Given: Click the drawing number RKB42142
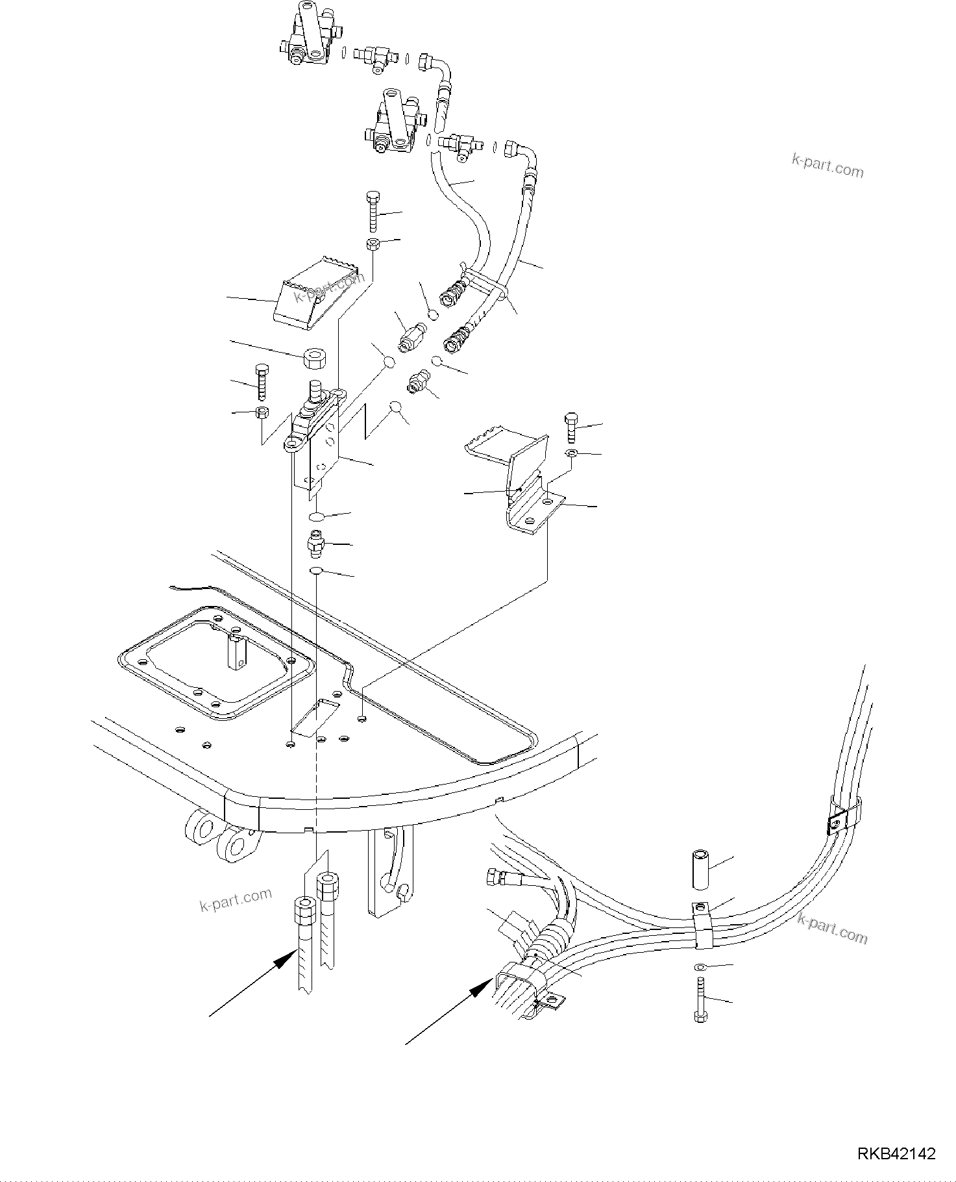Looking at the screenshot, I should coord(897,1154).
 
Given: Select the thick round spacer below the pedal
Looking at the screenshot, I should coord(315,358).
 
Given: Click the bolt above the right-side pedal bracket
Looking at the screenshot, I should coord(571,427).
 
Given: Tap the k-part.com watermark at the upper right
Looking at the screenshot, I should coord(827,166).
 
